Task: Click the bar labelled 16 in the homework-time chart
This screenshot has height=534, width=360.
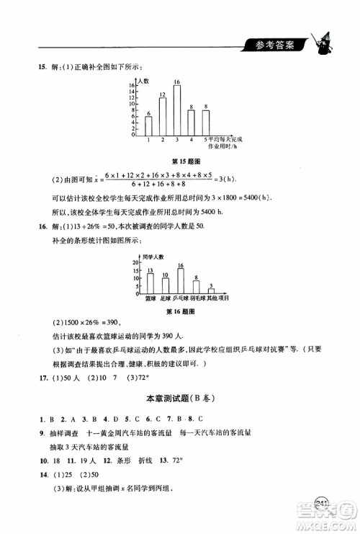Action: [x=176, y=111]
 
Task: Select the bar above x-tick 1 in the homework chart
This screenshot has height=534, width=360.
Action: [x=148, y=126]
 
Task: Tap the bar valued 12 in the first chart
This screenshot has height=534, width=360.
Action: [x=163, y=117]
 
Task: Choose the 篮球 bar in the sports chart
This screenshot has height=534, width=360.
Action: [x=150, y=282]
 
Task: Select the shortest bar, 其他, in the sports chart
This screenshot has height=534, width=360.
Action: [x=212, y=290]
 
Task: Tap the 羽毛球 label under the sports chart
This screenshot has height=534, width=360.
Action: [x=197, y=298]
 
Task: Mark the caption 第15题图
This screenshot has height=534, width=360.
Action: [x=180, y=162]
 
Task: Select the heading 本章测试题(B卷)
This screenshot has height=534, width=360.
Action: [x=179, y=399]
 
